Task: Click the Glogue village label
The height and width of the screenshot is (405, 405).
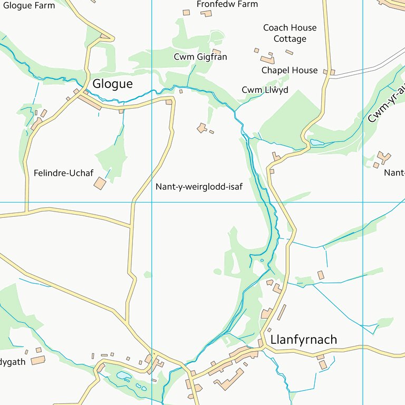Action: point(112,84)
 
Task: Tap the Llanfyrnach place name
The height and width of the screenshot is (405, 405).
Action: point(303,339)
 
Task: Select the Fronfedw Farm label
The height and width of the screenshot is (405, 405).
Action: point(227,4)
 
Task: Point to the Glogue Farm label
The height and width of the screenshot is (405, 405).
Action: point(28,5)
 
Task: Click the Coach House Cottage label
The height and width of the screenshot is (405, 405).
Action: point(290,33)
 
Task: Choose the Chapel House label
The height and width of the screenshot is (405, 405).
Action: point(290,70)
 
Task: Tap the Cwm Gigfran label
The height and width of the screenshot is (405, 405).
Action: point(200,56)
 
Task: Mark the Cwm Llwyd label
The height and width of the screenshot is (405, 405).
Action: point(265,90)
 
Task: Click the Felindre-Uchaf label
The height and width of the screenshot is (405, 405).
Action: point(63,172)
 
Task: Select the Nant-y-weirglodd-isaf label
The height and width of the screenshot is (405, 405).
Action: point(199,186)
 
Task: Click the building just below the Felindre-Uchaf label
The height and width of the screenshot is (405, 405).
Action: point(100,183)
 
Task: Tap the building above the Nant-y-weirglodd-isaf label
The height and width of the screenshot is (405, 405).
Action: point(201,128)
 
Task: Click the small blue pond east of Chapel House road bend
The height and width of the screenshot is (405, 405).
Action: point(317,142)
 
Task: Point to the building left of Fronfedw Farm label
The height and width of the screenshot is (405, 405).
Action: point(186,12)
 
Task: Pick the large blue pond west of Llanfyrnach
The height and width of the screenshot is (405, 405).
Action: point(124,375)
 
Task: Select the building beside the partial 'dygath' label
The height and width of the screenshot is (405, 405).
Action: point(38,360)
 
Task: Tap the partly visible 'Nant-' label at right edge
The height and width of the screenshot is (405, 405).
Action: point(394,172)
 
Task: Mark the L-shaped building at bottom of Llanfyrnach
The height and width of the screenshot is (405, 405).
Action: point(228,380)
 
